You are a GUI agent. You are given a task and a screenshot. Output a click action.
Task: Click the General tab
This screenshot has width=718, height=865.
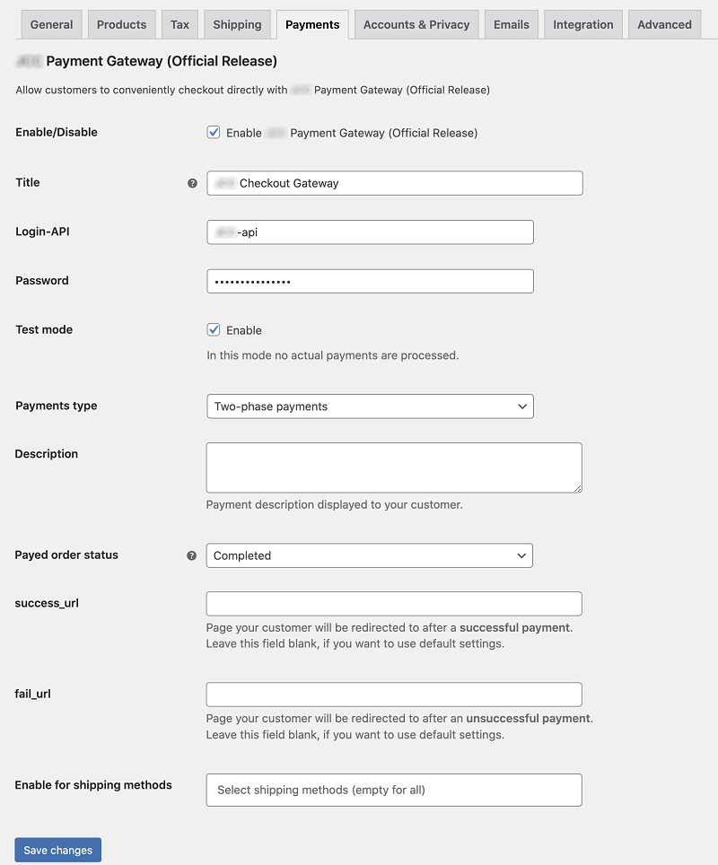51,24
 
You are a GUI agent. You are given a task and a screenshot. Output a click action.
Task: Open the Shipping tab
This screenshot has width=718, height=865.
237,24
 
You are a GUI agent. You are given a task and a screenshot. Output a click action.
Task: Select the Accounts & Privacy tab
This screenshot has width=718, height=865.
416,24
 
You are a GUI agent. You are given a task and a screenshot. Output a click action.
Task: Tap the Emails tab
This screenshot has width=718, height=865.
512,24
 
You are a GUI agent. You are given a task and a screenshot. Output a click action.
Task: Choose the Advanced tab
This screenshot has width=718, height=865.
664,24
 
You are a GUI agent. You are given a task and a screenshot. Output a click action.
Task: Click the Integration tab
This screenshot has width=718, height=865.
583,24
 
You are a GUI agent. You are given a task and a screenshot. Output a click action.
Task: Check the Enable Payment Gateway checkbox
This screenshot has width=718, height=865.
214,132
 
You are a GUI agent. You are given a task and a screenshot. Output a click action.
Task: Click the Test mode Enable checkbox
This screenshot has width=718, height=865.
214,329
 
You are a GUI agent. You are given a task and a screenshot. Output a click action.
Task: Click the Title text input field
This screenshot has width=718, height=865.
395,183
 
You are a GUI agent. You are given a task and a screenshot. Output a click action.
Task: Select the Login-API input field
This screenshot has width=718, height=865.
370,232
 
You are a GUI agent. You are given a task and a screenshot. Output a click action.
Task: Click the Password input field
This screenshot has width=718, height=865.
370,281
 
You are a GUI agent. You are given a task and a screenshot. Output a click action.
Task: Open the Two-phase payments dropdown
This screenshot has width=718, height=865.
370,406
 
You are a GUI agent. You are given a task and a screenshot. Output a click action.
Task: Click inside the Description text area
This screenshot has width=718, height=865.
394,467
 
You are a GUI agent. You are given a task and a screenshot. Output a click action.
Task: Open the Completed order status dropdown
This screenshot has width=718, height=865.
369,555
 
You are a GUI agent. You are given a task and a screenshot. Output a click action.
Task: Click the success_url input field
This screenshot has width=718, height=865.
394,603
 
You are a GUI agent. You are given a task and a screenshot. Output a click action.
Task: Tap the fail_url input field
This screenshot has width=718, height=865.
394,695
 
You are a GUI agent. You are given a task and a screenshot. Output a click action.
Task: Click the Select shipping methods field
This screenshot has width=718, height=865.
394,790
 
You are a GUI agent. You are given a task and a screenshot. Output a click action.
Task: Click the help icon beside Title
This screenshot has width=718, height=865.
192,183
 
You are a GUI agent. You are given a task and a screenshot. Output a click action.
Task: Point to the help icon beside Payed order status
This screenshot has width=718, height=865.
191,555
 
